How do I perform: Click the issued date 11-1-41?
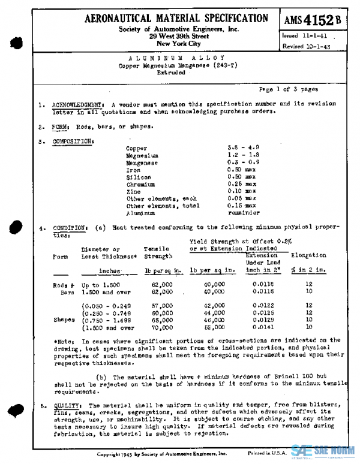(x=303, y=35)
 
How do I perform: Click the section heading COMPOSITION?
(x=73, y=141)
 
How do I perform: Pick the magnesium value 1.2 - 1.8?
(x=242, y=155)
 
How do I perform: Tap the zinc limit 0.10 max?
(x=242, y=191)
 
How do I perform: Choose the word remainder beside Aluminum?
(x=244, y=213)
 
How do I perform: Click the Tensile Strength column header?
(x=160, y=252)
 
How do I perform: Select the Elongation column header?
(x=308, y=255)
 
